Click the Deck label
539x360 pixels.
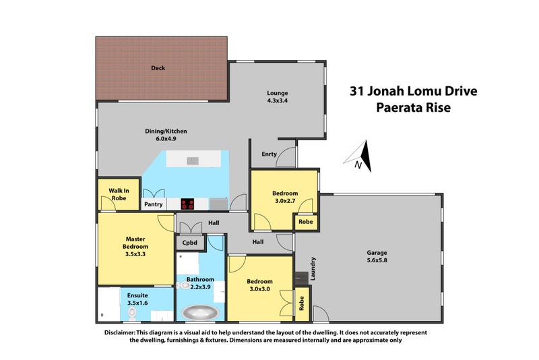[158, 68]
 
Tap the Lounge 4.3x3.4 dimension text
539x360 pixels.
[278, 100]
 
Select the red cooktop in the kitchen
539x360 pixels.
[187, 204]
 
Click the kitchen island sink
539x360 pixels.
[193, 160]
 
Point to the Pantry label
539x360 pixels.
[154, 204]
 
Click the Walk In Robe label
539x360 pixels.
[119, 194]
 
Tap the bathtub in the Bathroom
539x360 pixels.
[200, 313]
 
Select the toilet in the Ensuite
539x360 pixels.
[132, 313]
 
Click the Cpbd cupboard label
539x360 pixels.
[190, 243]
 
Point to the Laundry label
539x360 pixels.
[313, 268]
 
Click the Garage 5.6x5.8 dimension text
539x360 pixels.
[377, 260]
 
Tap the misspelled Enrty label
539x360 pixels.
[269, 154]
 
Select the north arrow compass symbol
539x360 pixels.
[358, 156]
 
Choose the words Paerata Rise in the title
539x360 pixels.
[413, 107]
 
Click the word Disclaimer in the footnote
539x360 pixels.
[120, 332]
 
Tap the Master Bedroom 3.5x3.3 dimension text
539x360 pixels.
[135, 254]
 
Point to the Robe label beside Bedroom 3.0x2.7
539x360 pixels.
[306, 222]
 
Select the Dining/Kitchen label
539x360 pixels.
[166, 131]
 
